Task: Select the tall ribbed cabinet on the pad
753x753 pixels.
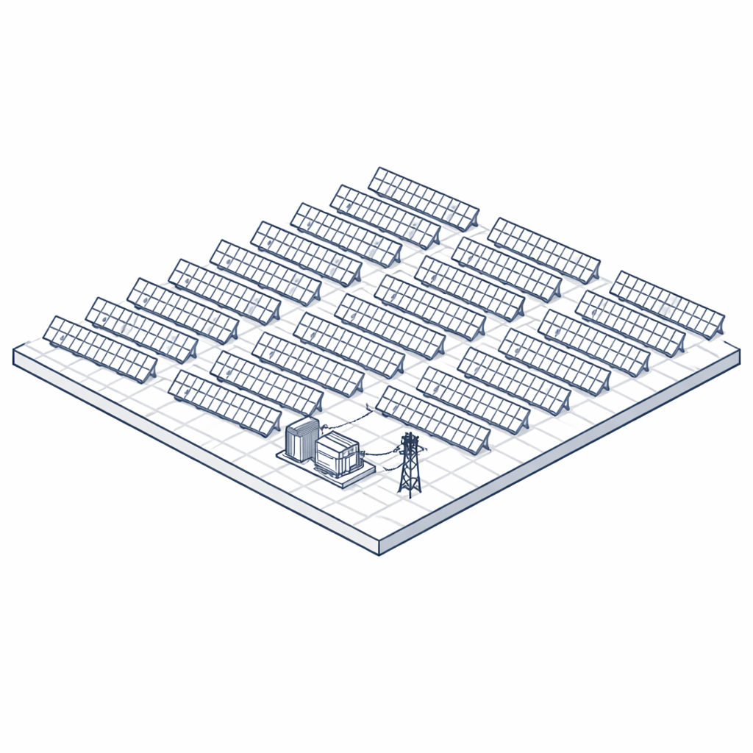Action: pos(301,439)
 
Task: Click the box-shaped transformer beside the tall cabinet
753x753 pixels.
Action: pos(337,453)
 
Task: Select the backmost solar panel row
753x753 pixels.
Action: pos(423,197)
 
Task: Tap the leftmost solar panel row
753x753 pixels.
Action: pos(99,348)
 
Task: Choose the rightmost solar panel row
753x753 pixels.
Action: pos(666,304)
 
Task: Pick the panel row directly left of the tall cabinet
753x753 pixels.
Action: pos(224,402)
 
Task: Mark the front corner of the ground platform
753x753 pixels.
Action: pos(379,547)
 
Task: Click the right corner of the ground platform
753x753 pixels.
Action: pos(738,355)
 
